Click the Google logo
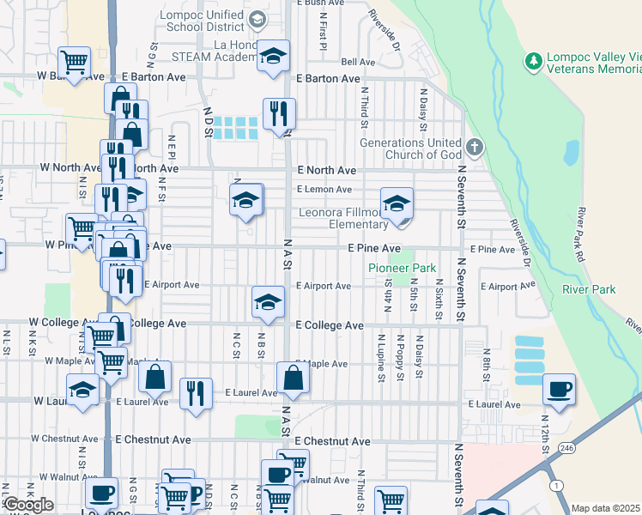pyautogui.click(x=28, y=505)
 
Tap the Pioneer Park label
pyautogui.click(x=403, y=269)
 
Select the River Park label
pyautogui.click(x=589, y=289)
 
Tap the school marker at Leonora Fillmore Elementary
pyautogui.click(x=397, y=204)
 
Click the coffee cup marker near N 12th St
pyautogui.click(x=560, y=390)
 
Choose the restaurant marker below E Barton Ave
pyautogui.click(x=279, y=113)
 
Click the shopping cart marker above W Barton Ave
pyautogui.click(x=75, y=63)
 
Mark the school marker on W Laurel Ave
pyautogui.click(x=83, y=390)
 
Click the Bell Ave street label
pyautogui.click(x=358, y=62)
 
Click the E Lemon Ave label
pyautogui.click(x=324, y=189)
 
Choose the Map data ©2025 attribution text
pyautogui.click(x=606, y=508)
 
